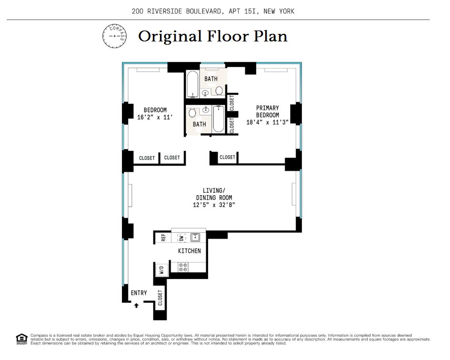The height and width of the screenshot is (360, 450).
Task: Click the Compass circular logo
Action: click(x=115, y=36)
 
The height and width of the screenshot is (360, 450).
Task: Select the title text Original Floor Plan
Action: click(x=213, y=36)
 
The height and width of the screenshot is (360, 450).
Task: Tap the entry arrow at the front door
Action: click(x=136, y=305)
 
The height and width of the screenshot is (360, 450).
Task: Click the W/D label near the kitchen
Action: click(x=162, y=270)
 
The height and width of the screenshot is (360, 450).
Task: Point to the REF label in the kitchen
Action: click(x=163, y=237)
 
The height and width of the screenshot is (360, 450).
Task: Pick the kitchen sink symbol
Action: click(x=195, y=237)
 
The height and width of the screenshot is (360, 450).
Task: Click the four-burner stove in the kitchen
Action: click(x=182, y=268)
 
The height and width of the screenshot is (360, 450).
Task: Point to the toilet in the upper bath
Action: click(x=220, y=90)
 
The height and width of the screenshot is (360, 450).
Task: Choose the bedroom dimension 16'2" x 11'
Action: click(x=155, y=117)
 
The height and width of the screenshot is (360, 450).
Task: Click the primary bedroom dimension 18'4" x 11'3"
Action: click(x=268, y=122)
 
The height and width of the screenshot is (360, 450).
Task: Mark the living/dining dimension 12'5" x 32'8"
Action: click(x=214, y=205)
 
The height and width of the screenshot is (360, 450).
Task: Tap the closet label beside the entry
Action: click(x=160, y=298)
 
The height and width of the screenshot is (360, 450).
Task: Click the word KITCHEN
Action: click(x=190, y=251)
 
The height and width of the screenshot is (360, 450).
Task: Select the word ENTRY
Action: click(x=139, y=293)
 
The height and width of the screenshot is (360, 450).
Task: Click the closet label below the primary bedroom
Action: click(x=227, y=157)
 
